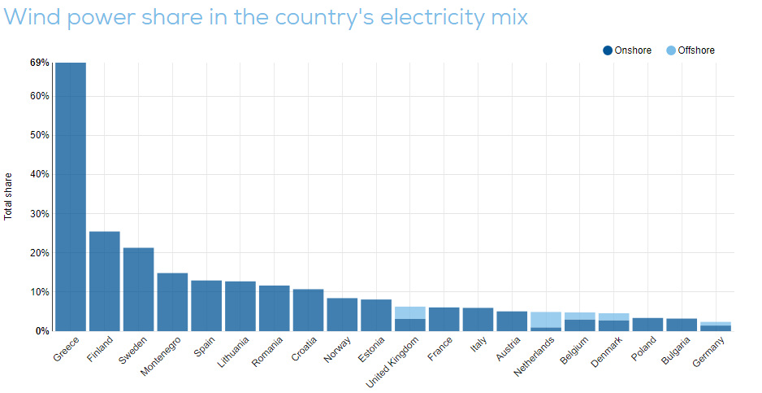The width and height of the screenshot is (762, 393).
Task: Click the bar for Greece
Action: (71, 195)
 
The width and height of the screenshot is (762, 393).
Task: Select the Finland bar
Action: (104, 281)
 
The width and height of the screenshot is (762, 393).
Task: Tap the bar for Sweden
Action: (138, 289)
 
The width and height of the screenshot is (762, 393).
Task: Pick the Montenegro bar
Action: (172, 302)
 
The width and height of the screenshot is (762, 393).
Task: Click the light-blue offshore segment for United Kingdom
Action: (410, 312)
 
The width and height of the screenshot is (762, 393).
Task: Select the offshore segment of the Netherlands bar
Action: (546, 320)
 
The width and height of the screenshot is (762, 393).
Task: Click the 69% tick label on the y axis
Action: (40, 63)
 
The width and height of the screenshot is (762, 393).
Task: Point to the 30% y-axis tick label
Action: (40, 214)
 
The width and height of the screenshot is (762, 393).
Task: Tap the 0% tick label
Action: (42, 331)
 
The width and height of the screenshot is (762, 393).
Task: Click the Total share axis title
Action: (9, 196)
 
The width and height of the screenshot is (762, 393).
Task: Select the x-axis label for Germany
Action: (711, 352)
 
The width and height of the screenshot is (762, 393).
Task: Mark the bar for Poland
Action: (648, 324)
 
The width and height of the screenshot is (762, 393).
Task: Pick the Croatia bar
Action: (308, 310)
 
